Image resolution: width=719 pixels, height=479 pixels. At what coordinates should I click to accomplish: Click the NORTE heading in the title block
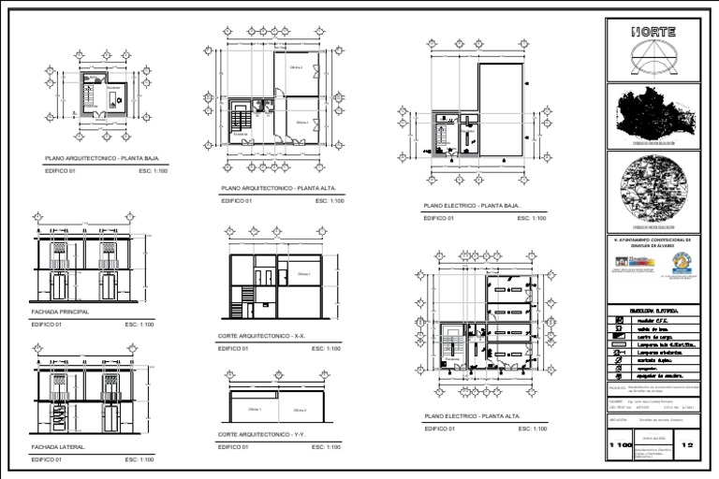click(653, 31)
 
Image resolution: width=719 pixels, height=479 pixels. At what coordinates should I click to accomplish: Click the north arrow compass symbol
click(653, 57)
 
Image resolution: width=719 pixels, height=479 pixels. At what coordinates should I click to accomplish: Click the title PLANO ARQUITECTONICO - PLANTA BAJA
click(96, 159)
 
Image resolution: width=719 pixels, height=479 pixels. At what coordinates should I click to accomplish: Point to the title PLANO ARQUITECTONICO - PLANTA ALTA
click(271, 188)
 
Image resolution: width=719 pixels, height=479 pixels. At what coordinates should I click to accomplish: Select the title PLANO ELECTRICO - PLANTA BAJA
click(472, 205)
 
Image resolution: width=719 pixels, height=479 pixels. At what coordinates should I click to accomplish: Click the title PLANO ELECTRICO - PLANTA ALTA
click(472, 415)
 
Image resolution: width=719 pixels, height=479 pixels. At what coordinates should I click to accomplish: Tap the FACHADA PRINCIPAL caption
click(60, 312)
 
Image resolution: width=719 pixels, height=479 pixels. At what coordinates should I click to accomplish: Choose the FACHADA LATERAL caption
click(58, 447)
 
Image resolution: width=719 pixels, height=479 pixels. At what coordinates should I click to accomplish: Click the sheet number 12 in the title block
click(689, 446)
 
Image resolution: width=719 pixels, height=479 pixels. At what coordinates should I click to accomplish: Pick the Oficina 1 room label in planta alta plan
click(301, 123)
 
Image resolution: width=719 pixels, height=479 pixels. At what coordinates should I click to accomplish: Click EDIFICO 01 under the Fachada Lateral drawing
click(47, 460)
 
